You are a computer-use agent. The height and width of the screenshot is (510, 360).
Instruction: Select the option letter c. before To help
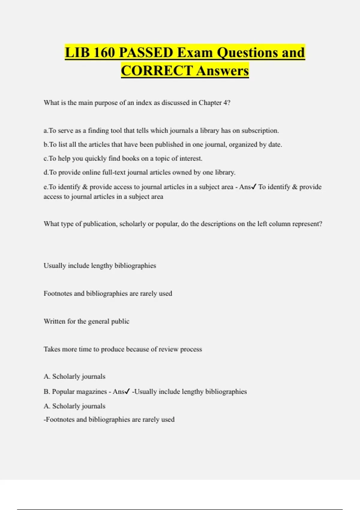[x=46, y=158]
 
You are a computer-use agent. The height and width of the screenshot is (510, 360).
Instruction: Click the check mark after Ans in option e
[x=254, y=187]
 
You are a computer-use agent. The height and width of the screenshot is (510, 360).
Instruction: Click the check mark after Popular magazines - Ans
[x=127, y=391]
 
